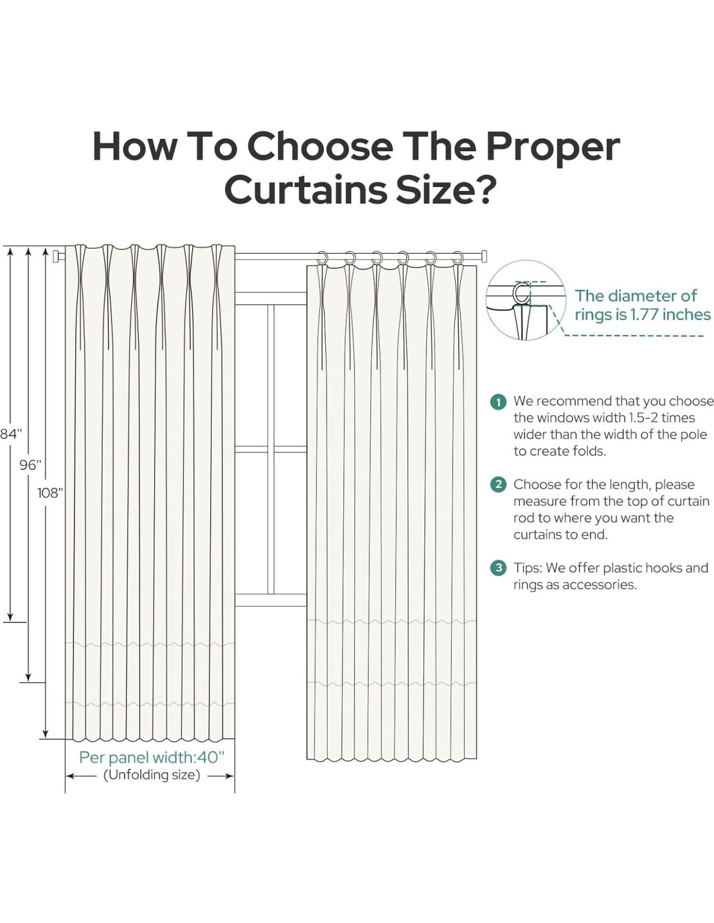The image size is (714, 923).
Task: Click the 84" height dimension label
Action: [10, 434]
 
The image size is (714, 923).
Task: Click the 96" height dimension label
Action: [30, 465]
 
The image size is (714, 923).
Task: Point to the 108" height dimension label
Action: [50, 493]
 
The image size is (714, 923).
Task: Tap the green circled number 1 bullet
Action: [499, 402]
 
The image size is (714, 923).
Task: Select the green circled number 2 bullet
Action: [499, 485]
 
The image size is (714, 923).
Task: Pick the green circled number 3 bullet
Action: [499, 568]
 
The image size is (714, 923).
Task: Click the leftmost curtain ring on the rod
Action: [323, 258]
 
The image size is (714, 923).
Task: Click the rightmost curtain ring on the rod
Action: [458, 258]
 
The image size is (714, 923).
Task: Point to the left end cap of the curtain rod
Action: [56, 256]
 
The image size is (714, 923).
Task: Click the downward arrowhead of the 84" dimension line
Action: [10, 617]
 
